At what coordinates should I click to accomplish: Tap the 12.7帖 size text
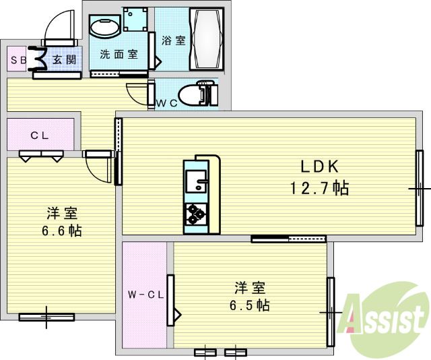(320, 187)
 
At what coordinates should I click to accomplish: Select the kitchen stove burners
(197, 214)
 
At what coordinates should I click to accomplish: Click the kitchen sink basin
(196, 181)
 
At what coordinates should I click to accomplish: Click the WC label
(166, 102)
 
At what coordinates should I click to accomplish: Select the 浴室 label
(173, 40)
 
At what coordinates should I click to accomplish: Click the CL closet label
(40, 134)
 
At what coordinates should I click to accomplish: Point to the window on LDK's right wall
(419, 188)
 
